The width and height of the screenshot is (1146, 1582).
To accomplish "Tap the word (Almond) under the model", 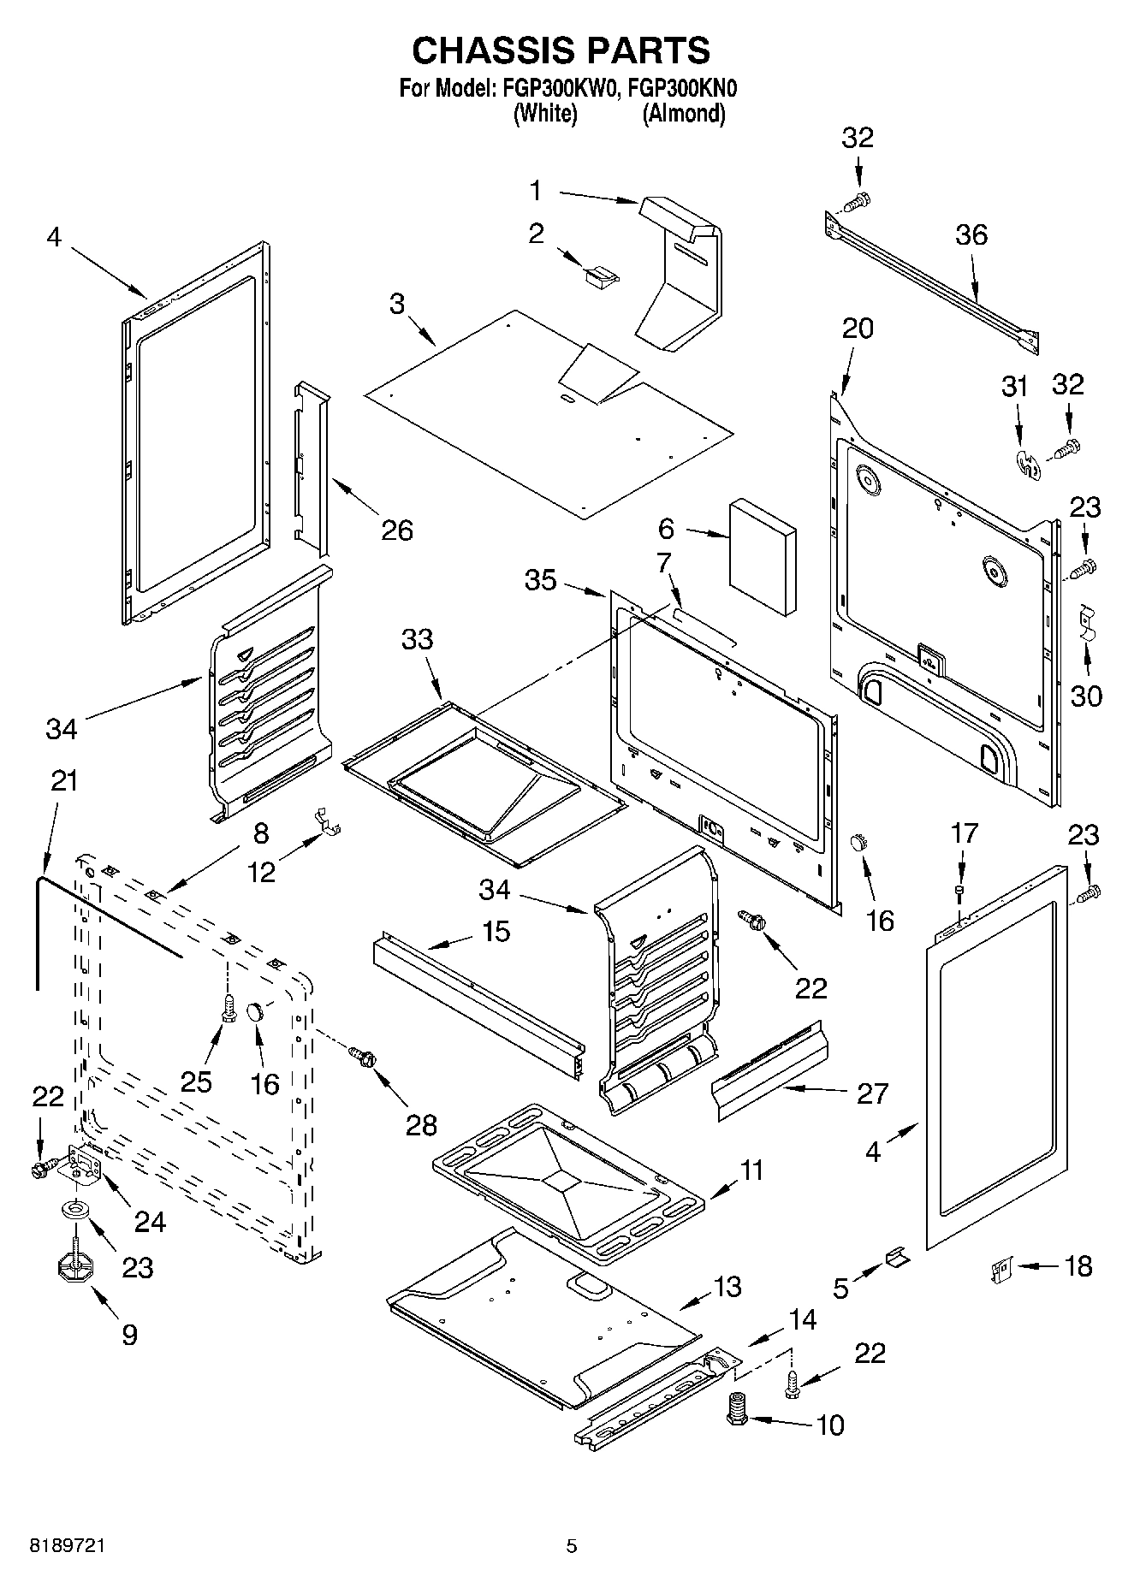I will point(684,113).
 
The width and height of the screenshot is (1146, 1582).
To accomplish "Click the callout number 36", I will point(971,234).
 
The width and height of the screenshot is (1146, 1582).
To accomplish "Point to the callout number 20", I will point(858,328).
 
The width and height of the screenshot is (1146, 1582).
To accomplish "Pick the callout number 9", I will point(129,1334).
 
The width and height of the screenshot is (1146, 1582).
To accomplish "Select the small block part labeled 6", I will point(762,557).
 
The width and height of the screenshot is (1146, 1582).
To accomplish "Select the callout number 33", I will point(418,639).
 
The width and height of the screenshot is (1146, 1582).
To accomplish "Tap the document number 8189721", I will point(68,1545).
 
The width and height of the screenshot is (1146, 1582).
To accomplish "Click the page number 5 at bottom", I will point(572,1545).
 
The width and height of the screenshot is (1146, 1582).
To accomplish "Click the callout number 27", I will point(872,1093).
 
